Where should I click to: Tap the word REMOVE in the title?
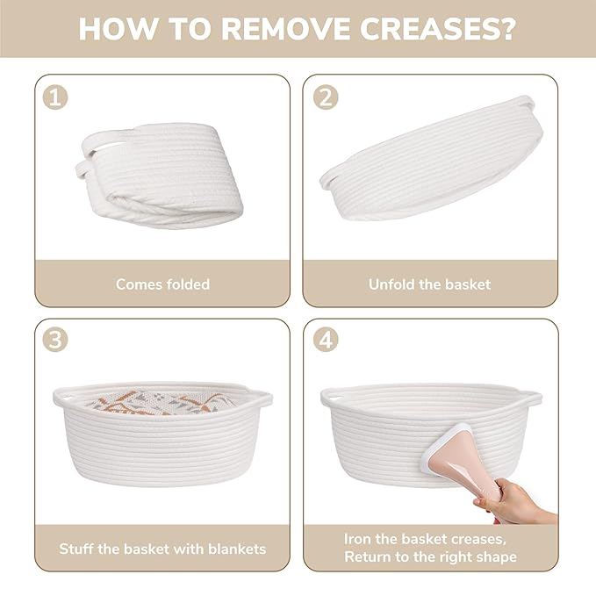click(284, 28)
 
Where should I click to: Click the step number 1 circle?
click(55, 97)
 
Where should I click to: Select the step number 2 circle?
click(326, 97)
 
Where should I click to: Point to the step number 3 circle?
click(55, 339)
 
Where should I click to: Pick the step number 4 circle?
click(326, 339)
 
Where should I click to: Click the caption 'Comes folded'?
click(162, 284)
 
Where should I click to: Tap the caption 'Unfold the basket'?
click(429, 284)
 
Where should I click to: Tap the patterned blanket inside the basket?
click(160, 403)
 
